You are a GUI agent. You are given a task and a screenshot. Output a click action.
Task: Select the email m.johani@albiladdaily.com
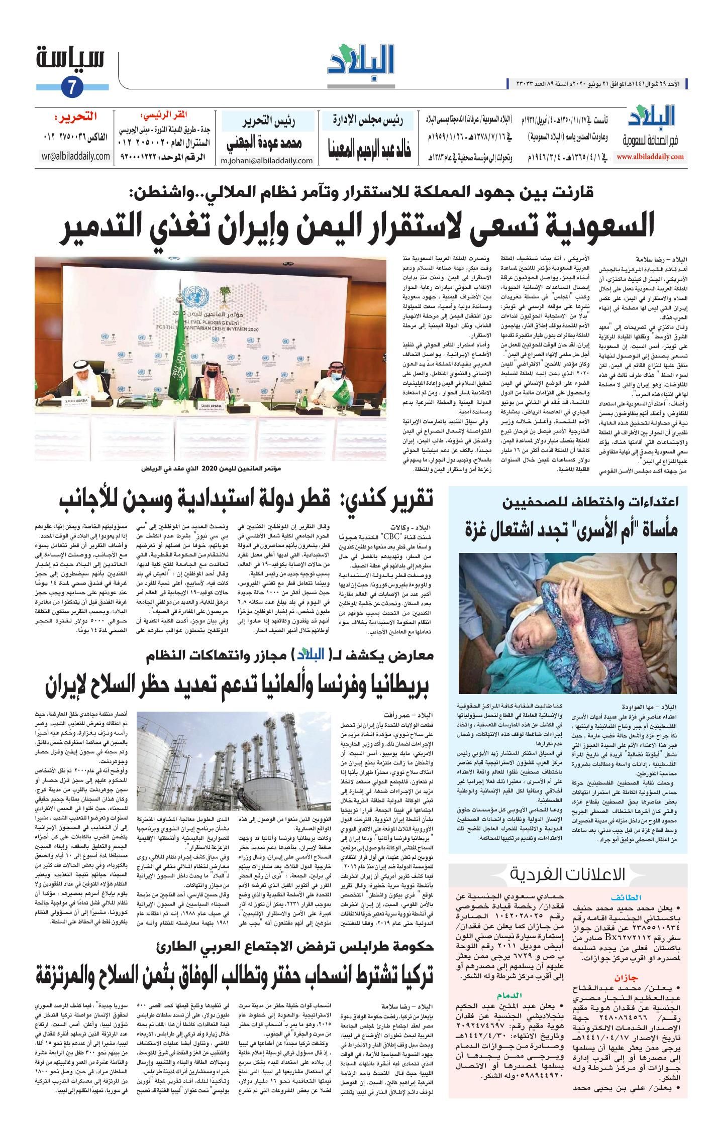point(267,161)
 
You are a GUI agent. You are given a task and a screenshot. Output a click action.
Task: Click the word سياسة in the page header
point(71,59)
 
